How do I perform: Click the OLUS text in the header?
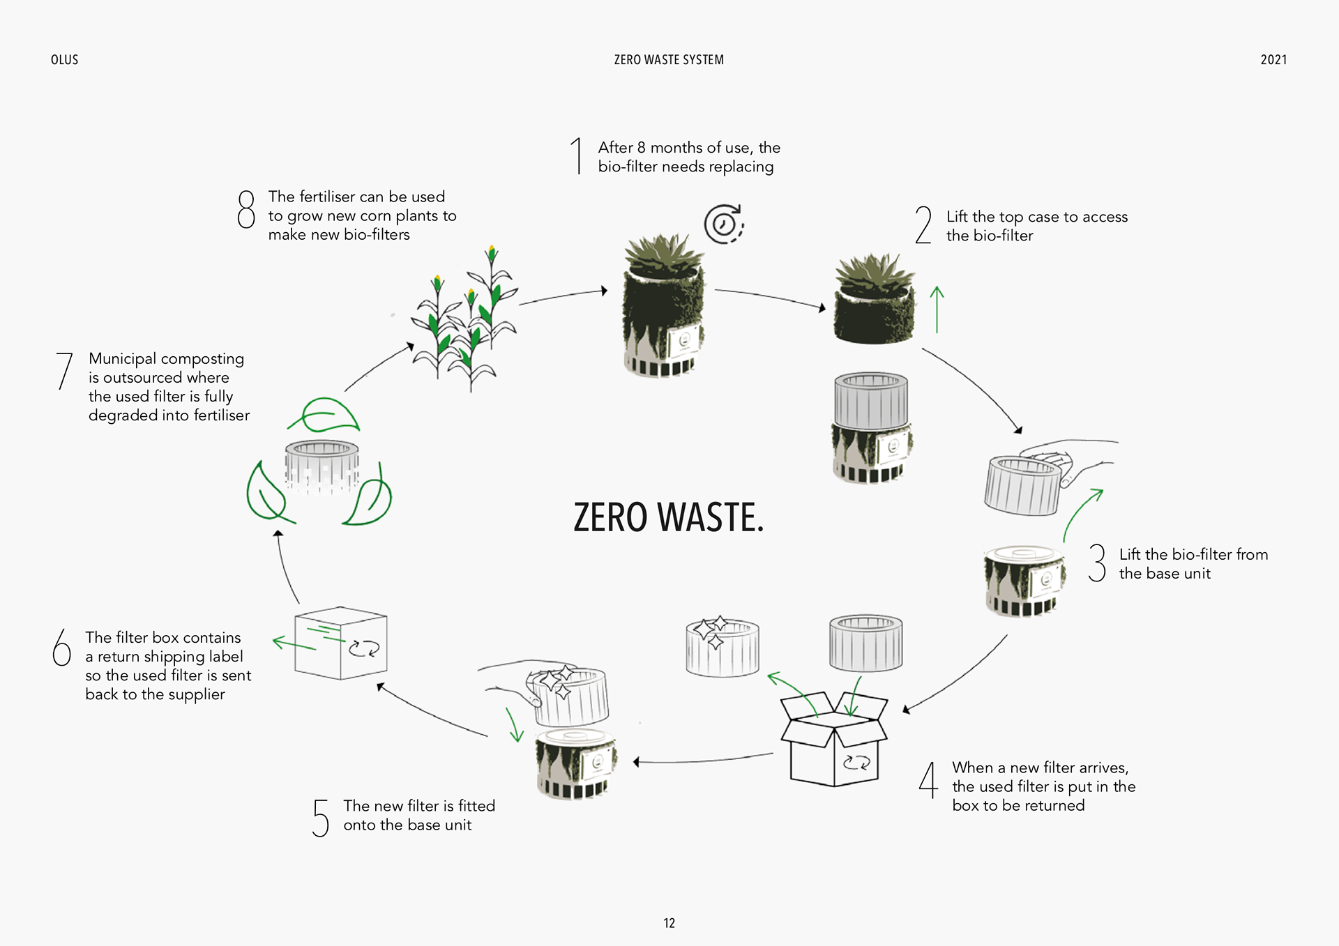pos(64,60)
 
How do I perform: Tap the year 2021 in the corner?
pos(1273,60)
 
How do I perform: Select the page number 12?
pos(669,923)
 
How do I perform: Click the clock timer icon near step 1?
pos(724,224)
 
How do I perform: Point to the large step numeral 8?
pos(246,209)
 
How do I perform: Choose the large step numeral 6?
pos(62,647)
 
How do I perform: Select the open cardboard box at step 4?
pos(833,739)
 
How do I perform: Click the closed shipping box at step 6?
pos(340,643)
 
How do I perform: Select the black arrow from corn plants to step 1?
pos(563,296)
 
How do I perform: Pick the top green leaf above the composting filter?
pos(324,415)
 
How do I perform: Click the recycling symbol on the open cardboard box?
pos(856,763)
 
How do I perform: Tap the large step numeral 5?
pos(320,818)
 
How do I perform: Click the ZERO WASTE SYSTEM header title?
pos(669,60)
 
